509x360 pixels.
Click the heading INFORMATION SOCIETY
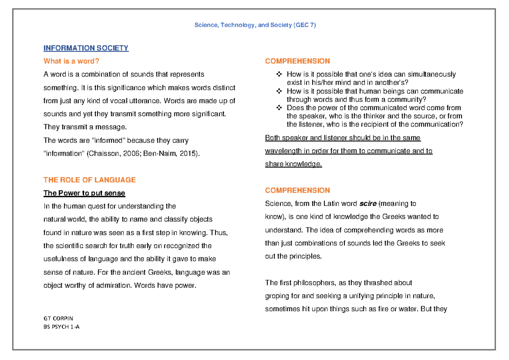pyautogui.click(x=86, y=48)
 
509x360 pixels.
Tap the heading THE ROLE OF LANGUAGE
pyautogui.click(x=89, y=180)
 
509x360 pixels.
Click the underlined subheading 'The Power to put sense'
pyautogui.click(x=84, y=193)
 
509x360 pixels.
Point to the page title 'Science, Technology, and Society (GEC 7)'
pyautogui.click(x=255, y=25)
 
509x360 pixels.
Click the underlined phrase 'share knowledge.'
pyautogui.click(x=294, y=164)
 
